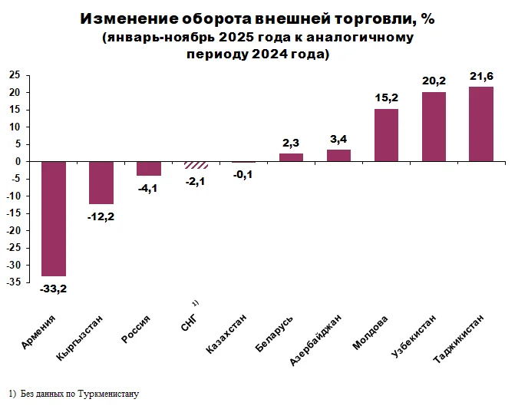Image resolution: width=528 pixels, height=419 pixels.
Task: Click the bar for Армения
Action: tap(53, 219)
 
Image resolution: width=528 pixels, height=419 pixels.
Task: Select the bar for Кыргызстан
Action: tap(101, 183)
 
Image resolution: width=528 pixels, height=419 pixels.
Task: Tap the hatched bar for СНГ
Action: tap(196, 165)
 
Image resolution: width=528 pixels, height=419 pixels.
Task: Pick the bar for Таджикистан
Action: tap(481, 124)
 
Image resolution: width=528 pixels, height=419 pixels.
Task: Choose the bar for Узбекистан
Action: tap(434, 127)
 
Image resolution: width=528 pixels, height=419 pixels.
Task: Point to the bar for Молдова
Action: tap(386, 135)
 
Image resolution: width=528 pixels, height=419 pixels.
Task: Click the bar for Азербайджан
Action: tap(338, 155)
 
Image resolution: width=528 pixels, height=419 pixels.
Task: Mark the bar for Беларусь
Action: tap(291, 157)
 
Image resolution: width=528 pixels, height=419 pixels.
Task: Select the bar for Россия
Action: tap(148, 169)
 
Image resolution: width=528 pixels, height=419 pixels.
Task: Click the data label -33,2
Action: tap(53, 289)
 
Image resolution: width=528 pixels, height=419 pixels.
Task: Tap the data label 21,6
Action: tap(481, 75)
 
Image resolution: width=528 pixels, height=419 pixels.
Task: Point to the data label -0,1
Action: tap(243, 174)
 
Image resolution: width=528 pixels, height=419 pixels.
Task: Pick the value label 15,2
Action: tap(386, 97)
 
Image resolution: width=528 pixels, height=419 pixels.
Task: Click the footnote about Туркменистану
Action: tap(75, 394)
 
